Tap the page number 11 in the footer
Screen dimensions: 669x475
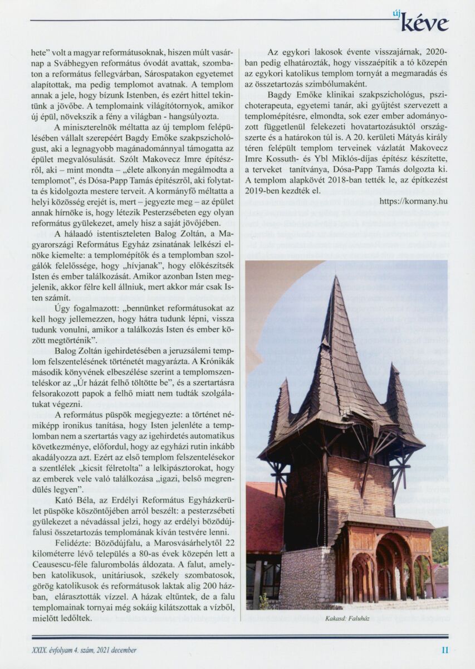(x=444, y=649)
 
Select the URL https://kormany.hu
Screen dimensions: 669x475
(x=414, y=200)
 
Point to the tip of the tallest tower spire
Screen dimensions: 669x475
(x=337, y=277)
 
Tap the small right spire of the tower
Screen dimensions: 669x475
(x=397, y=390)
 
